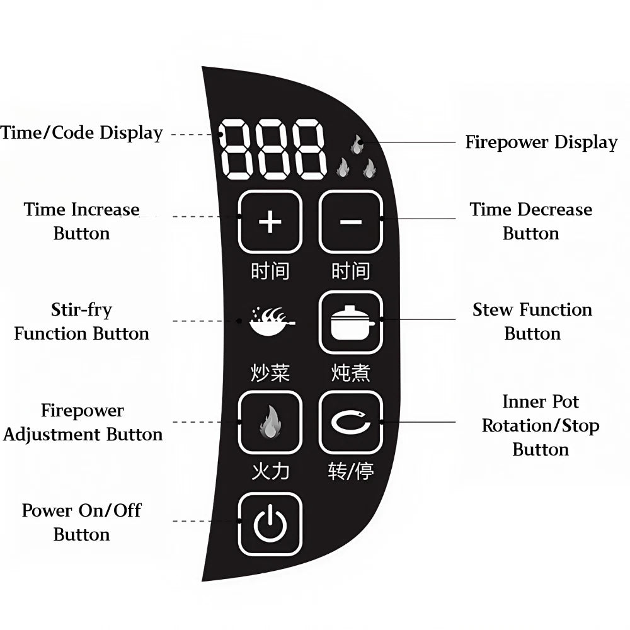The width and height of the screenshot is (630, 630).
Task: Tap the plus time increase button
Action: (x=270, y=222)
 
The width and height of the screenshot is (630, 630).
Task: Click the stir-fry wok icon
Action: (x=272, y=321)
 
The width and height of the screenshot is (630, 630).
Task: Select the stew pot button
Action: (x=351, y=322)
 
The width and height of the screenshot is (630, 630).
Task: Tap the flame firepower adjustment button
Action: (x=270, y=422)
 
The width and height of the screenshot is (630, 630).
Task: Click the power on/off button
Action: (x=270, y=524)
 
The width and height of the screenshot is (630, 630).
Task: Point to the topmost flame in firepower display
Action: (x=356, y=144)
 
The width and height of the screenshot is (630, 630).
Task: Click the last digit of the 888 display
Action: (x=309, y=149)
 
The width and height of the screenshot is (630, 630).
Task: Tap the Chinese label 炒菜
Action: (x=270, y=372)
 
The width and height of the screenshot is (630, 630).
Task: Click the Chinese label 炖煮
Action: (x=351, y=372)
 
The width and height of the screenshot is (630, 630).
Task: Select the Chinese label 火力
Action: (x=270, y=471)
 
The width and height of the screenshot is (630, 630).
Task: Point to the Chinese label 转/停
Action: (x=351, y=471)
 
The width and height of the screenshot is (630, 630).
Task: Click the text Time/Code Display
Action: (x=81, y=133)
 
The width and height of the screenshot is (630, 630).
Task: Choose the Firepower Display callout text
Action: (x=541, y=142)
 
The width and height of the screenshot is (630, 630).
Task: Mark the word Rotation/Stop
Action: (x=541, y=426)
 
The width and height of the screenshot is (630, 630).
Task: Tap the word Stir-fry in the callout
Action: (x=81, y=311)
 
